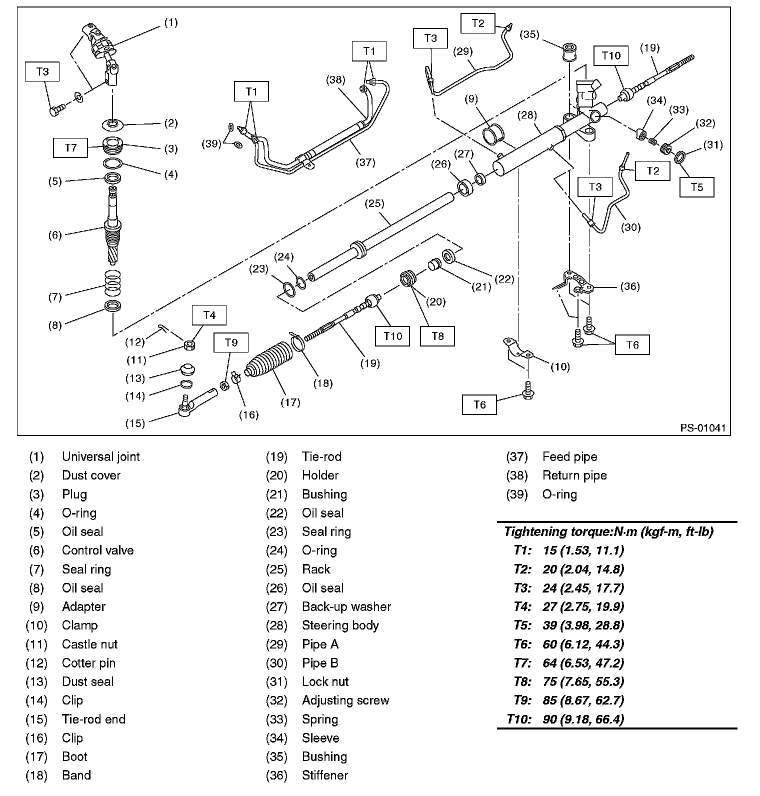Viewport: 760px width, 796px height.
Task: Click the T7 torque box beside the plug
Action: click(70, 147)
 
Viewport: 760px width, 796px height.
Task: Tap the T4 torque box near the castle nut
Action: click(209, 315)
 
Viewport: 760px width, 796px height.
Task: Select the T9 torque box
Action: click(231, 342)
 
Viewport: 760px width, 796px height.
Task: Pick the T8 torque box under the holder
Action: click(437, 336)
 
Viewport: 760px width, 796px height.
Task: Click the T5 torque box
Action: click(696, 187)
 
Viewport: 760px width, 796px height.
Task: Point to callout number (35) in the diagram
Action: click(529, 34)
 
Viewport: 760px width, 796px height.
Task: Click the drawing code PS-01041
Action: click(702, 428)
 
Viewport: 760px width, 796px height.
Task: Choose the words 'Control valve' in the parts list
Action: click(97, 550)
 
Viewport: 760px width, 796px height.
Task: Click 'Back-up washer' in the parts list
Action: click(346, 606)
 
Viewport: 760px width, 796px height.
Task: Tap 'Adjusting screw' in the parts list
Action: click(345, 700)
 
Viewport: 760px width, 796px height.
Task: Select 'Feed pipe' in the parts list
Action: click(569, 456)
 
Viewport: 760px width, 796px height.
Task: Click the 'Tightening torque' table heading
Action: click(608, 531)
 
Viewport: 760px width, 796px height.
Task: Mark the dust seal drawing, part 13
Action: click(187, 371)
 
